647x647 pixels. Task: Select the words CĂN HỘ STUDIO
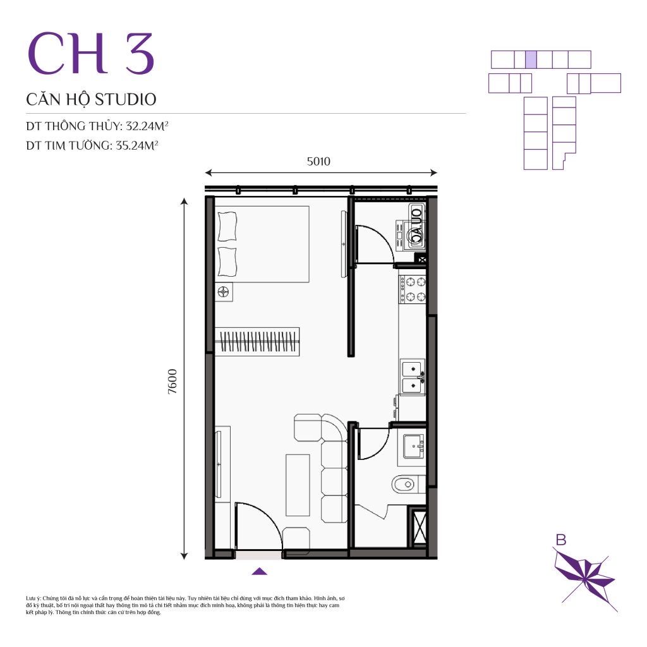pyautogui.click(x=91, y=99)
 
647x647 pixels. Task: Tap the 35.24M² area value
pyautogui.click(x=136, y=145)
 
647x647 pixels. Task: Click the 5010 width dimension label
pyautogui.click(x=318, y=161)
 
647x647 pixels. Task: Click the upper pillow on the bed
pyautogui.click(x=227, y=227)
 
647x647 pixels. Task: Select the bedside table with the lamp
pyautogui.click(x=224, y=292)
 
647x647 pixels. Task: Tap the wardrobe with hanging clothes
pyautogui.click(x=257, y=342)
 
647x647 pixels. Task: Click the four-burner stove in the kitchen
pyautogui.click(x=415, y=289)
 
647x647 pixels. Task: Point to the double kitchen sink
pyautogui.click(x=413, y=375)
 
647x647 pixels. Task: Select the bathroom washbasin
pyautogui.click(x=414, y=446)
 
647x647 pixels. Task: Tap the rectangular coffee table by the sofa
pyautogui.click(x=298, y=484)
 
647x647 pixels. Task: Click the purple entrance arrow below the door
pyautogui.click(x=260, y=572)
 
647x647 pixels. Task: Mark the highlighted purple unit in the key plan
pyautogui.click(x=531, y=59)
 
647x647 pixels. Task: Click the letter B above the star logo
pyautogui.click(x=560, y=539)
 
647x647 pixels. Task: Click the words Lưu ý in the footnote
pyautogui.click(x=33, y=597)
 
